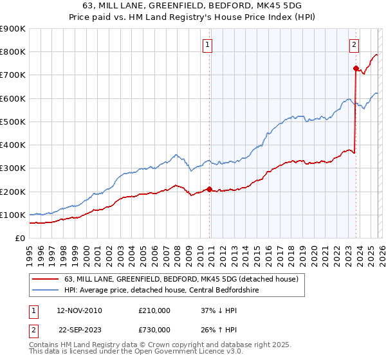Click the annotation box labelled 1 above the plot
click(x=208, y=44)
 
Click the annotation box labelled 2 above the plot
click(x=354, y=44)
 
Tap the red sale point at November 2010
click(x=209, y=189)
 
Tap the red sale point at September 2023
click(x=355, y=68)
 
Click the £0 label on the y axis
click(x=20, y=239)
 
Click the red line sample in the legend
click(x=46, y=280)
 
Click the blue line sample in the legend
click(x=46, y=290)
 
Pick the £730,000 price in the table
click(x=154, y=329)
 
